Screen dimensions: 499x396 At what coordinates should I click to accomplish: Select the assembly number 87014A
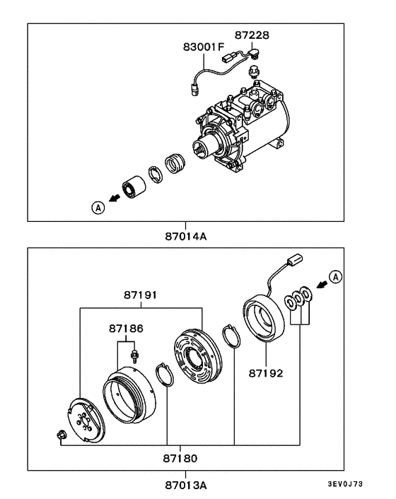tap(186, 236)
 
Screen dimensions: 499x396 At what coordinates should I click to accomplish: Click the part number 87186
tap(125, 329)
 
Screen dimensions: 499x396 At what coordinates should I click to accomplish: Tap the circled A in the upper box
tap(97, 207)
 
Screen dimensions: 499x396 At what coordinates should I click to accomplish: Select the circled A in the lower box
tap(335, 276)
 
